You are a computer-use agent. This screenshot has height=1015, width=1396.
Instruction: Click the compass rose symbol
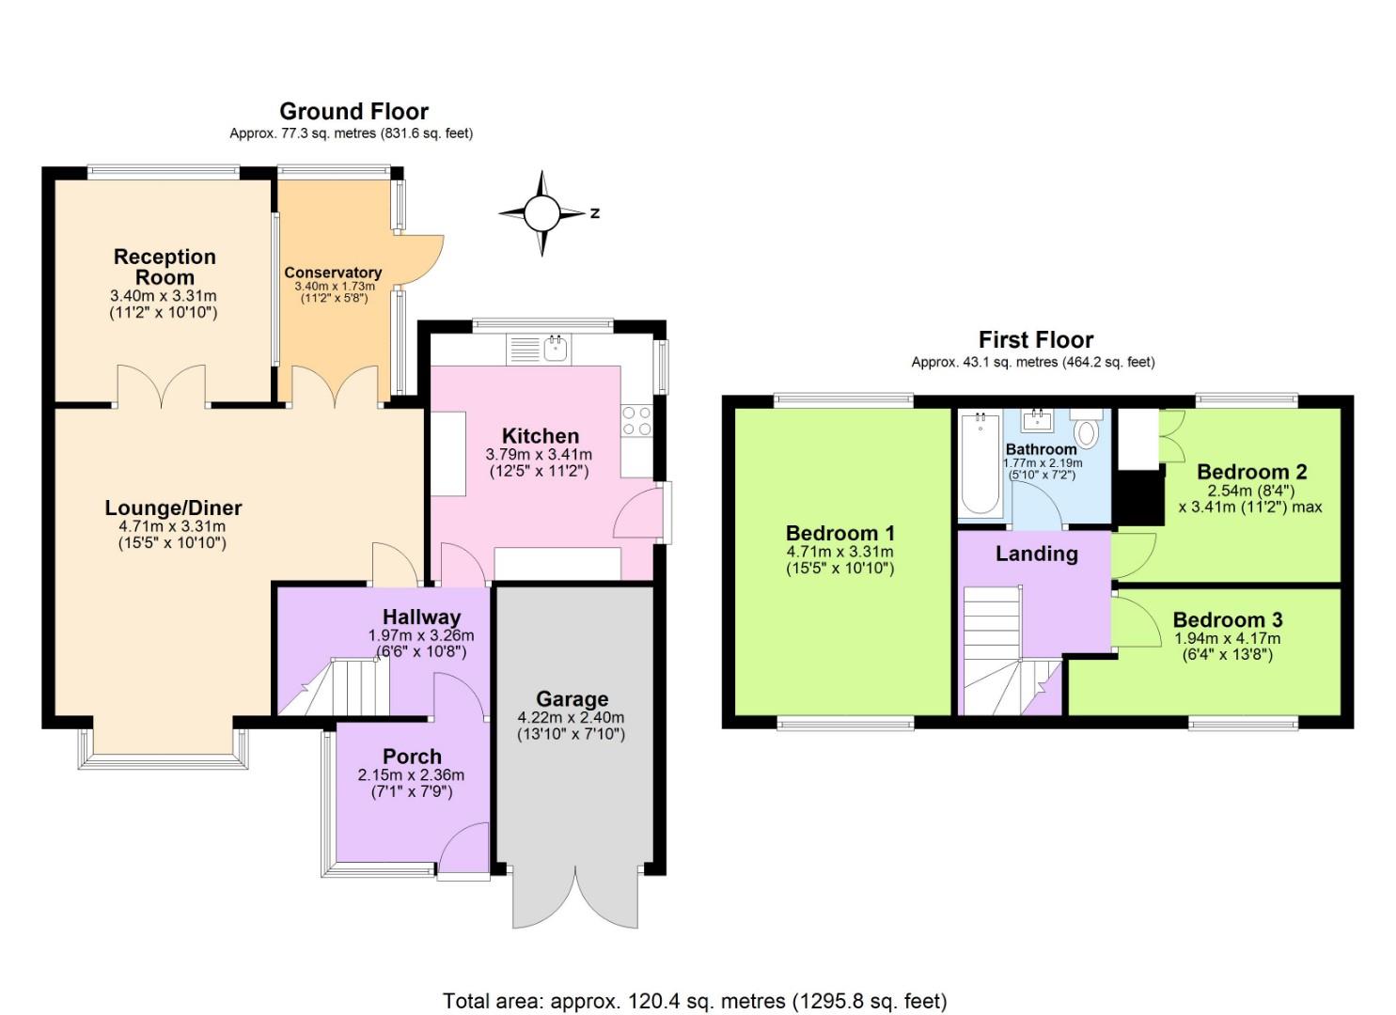(x=541, y=213)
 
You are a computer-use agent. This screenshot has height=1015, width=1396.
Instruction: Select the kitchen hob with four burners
(x=636, y=420)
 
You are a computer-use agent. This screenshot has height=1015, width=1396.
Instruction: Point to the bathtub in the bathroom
(x=980, y=464)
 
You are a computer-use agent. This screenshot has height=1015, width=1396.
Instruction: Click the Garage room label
(x=572, y=699)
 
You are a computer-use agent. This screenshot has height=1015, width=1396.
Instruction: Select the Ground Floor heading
(x=353, y=112)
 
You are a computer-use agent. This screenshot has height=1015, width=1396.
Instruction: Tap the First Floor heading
(x=1035, y=339)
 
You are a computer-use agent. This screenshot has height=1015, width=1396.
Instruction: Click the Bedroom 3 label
(x=1227, y=620)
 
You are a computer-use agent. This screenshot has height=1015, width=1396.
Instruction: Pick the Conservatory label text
(x=333, y=273)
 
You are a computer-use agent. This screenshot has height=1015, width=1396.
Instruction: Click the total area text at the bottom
(x=695, y=1001)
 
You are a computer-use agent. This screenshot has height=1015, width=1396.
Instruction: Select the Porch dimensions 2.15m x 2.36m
(x=411, y=775)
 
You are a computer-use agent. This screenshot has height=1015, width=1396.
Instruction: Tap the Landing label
(x=1036, y=554)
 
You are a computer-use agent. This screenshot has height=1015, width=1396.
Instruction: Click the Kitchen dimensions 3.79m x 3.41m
(x=539, y=455)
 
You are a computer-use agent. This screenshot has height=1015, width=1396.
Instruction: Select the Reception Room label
(x=165, y=267)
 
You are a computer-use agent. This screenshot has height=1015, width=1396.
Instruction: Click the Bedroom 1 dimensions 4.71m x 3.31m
(x=839, y=553)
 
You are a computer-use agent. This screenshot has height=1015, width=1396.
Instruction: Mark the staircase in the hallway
(x=343, y=686)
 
